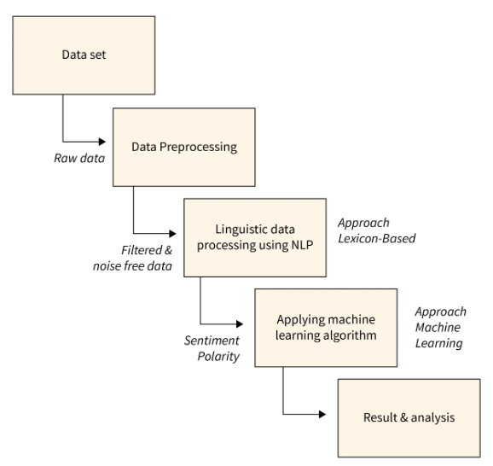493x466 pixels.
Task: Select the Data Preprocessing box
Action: coord(184,146)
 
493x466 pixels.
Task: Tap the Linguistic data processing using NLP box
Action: coord(254,238)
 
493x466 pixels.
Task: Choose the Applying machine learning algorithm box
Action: coord(326,328)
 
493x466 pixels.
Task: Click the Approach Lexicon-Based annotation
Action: coord(376,230)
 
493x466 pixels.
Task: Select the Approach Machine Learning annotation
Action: coord(438,329)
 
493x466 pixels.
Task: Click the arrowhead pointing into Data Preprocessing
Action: coord(107,141)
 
